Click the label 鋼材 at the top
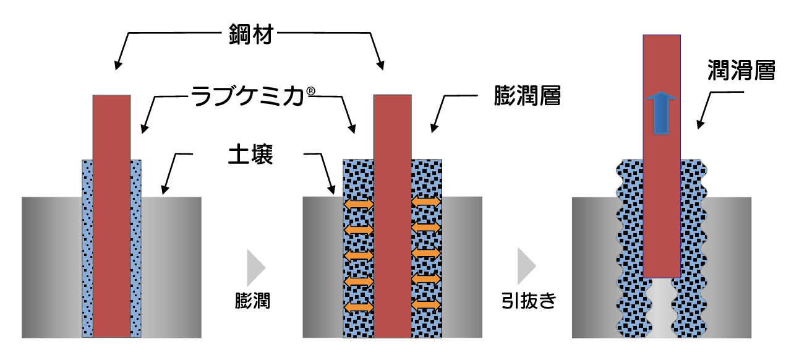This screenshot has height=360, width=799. click(x=250, y=34)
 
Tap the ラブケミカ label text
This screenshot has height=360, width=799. click(x=247, y=96)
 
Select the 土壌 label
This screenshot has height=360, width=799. click(x=250, y=154)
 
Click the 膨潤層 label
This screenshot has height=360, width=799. click(x=527, y=96)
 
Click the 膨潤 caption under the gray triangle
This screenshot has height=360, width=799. click(x=252, y=301)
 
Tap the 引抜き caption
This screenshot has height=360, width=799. click(x=529, y=301)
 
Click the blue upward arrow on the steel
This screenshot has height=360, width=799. click(x=661, y=113)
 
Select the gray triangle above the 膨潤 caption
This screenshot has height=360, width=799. click(x=256, y=268)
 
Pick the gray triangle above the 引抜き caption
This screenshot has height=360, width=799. click(x=526, y=265)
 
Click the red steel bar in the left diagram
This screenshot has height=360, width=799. click(x=112, y=216)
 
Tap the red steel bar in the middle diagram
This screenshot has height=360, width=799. click(x=392, y=216)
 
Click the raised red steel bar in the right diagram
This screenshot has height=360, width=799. click(x=662, y=156)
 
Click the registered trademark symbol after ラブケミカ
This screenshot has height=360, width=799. click(x=310, y=91)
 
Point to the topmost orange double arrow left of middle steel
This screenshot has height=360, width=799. click(x=359, y=205)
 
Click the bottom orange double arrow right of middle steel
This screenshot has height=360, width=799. click(x=426, y=305)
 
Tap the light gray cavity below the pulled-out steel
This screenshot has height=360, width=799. click(x=662, y=308)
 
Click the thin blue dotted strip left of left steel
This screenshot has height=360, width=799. click(x=87, y=248)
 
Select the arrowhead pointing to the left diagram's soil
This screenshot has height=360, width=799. click(x=164, y=190)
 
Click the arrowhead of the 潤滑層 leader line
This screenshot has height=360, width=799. click(x=700, y=124)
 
